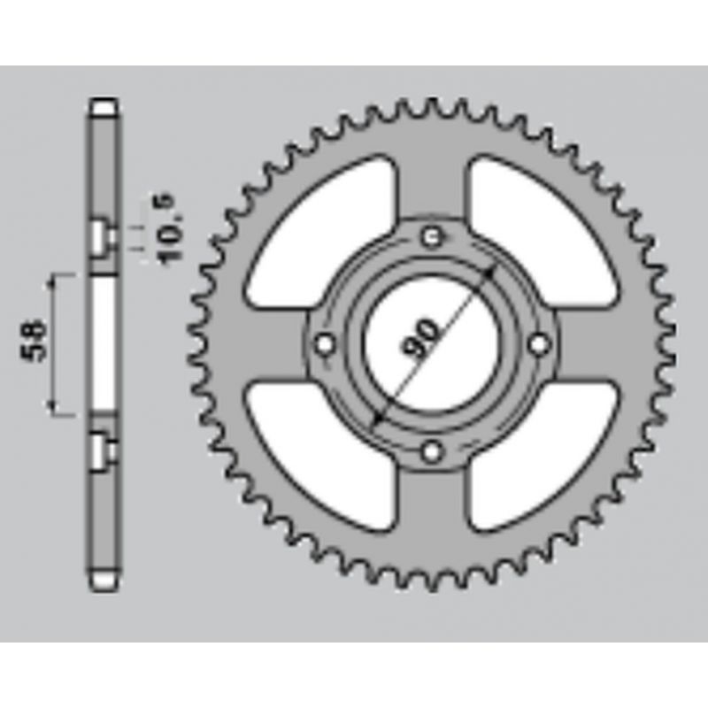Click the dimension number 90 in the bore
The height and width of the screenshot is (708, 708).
pyautogui.click(x=419, y=339)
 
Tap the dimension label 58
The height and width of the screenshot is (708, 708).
pyautogui.click(x=34, y=341)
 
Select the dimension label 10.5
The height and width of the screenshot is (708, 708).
pyautogui.click(x=168, y=227)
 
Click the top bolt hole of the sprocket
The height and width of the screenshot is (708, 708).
pyautogui.click(x=432, y=236)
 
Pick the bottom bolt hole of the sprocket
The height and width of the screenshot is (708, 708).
pyautogui.click(x=432, y=451)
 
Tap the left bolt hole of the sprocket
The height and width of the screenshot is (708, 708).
pyautogui.click(x=324, y=345)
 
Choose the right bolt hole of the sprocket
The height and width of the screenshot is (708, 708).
pyautogui.click(x=539, y=345)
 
